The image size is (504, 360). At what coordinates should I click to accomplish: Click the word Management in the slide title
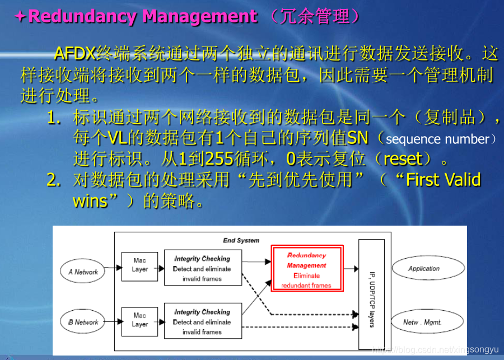(200, 16)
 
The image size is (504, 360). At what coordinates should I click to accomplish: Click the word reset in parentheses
(402, 159)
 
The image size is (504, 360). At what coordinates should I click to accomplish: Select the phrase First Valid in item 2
(443, 180)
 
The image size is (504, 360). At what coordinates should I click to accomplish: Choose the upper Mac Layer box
(139, 265)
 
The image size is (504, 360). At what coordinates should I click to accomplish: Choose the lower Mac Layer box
(139, 320)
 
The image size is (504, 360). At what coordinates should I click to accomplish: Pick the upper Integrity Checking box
(202, 268)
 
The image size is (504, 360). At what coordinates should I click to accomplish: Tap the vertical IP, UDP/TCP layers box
(371, 293)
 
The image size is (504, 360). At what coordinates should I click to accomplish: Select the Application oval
(423, 269)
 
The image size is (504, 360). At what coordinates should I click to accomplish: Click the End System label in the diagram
(241, 240)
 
